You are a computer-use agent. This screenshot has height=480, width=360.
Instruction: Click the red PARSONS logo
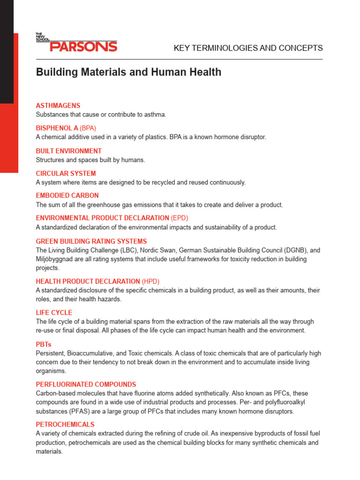click(83, 46)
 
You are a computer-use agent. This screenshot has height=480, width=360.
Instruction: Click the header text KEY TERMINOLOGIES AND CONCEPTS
click(248, 48)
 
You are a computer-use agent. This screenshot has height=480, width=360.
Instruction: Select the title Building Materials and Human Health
click(129, 72)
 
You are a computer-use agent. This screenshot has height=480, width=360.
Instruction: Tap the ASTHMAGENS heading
click(58, 105)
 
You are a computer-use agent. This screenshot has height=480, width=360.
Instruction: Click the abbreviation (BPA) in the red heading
click(88, 128)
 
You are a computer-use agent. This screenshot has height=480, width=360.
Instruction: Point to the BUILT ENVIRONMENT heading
click(69, 151)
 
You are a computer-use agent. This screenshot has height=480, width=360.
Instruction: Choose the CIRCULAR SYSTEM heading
click(66, 173)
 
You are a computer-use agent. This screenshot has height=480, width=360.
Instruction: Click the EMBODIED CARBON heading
click(67, 195)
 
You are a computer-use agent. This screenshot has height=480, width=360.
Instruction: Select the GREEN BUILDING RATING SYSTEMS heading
click(91, 241)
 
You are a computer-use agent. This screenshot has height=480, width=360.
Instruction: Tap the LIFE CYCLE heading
click(54, 313)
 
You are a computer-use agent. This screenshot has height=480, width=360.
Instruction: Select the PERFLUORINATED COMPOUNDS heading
click(86, 384)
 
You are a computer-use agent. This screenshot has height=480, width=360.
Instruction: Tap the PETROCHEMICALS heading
click(65, 424)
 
